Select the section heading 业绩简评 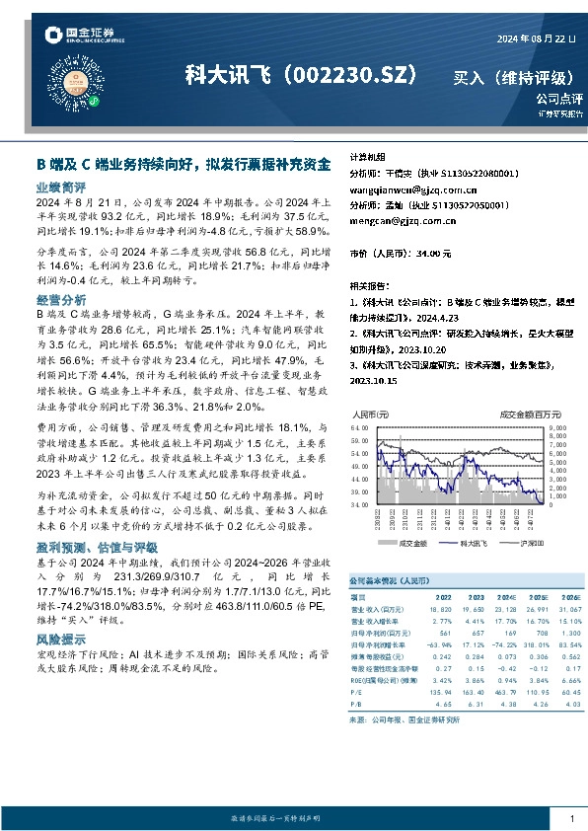click(60, 187)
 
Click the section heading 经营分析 click(60, 299)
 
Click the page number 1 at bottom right click(571, 818)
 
